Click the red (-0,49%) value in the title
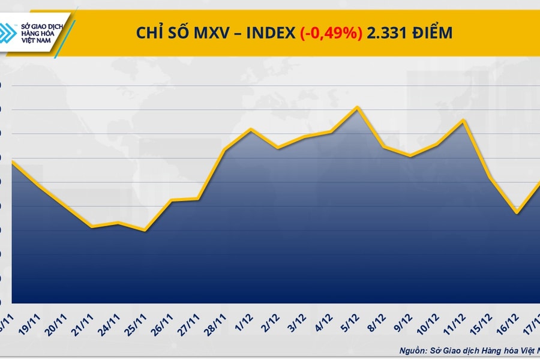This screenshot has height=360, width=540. [331, 33]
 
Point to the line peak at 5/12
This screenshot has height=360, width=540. [358, 107]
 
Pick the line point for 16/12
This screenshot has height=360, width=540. [517, 212]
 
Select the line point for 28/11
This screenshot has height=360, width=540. [224, 149]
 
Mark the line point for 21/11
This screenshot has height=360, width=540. [92, 227]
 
